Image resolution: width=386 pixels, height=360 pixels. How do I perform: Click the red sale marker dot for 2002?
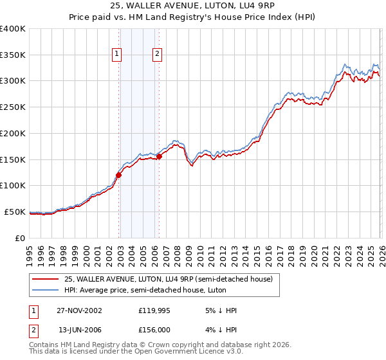click(x=119, y=175)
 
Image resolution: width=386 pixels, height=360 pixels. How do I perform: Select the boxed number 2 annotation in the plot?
click(x=157, y=55)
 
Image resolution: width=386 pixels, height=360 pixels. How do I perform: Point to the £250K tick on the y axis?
click(x=13, y=107)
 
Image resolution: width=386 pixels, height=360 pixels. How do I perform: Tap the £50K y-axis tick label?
click(x=15, y=212)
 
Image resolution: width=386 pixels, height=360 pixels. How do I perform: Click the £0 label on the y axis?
click(x=21, y=238)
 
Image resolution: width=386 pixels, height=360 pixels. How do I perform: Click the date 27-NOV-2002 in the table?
click(x=80, y=310)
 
